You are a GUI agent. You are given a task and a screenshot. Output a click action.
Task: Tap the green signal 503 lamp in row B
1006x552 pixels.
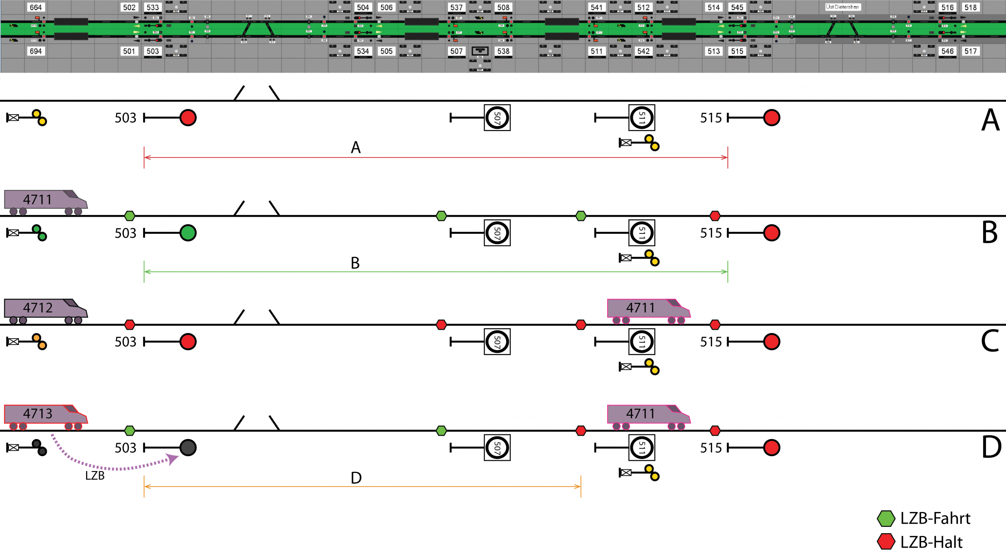tap(188, 233)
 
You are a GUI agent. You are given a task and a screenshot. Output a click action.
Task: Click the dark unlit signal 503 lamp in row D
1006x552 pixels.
tap(188, 448)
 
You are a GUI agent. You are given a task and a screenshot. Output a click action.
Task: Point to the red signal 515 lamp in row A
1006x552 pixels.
tap(771, 118)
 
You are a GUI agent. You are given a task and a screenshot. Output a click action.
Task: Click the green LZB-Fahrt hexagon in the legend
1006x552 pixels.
tap(886, 519)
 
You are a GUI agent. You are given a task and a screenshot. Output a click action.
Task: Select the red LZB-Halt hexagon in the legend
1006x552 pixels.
tap(886, 542)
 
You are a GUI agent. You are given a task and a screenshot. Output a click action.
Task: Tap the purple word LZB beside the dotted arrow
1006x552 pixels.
tap(95, 476)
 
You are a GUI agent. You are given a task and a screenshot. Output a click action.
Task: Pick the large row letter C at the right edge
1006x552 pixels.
tap(990, 341)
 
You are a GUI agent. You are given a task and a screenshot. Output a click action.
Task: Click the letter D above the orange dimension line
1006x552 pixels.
tap(356, 478)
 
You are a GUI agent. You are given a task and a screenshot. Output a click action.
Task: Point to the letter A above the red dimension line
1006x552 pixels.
tap(356, 148)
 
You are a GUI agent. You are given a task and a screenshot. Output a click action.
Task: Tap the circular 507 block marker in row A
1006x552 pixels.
tap(497, 118)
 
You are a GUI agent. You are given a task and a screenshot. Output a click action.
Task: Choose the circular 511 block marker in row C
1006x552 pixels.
tap(642, 342)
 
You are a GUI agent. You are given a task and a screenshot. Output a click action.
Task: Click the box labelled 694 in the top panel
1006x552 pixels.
tap(35, 51)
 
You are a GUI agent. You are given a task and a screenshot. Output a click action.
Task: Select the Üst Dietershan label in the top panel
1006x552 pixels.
tap(843, 7)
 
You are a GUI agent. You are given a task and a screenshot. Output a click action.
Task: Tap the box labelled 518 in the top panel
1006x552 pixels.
tap(970, 7)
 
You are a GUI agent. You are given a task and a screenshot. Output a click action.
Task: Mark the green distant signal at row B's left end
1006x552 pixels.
tap(39, 233)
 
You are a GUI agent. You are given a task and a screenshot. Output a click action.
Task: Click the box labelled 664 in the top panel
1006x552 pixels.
tap(35, 7)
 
